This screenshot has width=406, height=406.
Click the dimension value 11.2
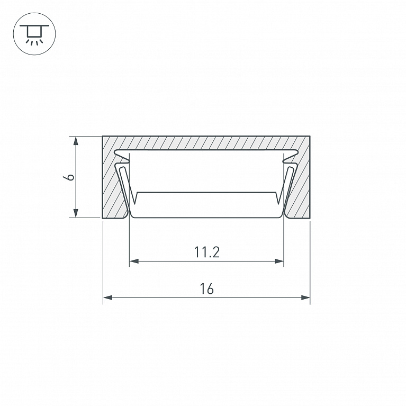pos(206,252)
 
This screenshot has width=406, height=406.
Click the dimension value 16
pos(206,289)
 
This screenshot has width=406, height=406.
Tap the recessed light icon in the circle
pos(34,34)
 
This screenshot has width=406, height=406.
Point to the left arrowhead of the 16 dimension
pos(107,297)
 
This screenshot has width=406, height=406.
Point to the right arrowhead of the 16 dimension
pos(305,297)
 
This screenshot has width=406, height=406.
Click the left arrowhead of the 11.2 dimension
pos(134,261)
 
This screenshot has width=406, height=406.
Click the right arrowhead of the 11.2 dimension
pos(279,261)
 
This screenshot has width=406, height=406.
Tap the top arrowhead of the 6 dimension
pos(76,141)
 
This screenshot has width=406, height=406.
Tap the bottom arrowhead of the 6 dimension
pos(76,213)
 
